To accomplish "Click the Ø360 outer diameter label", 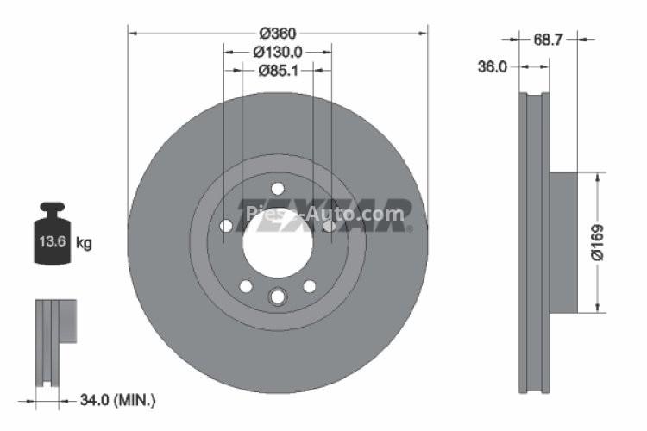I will (277, 33).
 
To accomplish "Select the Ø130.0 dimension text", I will (278, 52).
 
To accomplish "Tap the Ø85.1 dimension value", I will (278, 72).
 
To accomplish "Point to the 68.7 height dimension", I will (549, 40).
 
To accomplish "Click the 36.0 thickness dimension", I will (492, 66).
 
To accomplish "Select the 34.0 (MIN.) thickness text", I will (116, 399).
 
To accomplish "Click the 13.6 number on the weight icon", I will (47, 242).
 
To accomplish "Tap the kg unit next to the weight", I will (84, 243).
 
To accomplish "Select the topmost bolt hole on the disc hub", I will (277, 189).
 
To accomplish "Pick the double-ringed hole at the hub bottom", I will (277, 297).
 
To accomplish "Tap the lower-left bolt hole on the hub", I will (245, 286).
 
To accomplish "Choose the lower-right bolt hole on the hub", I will (309, 286).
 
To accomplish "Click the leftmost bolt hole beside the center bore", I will (226, 226).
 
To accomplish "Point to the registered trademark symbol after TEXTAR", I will (409, 228).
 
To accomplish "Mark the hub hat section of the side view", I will (562, 241).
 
